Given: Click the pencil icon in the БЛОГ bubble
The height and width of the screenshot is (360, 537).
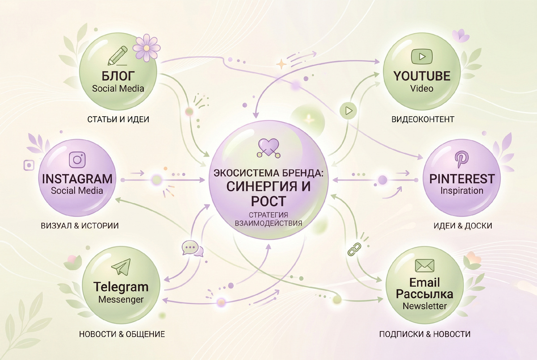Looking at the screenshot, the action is tap(117, 56).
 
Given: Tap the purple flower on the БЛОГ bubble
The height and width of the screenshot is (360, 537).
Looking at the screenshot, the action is tap(146, 48).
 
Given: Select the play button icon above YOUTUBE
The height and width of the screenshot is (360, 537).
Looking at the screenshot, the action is tap(422, 56).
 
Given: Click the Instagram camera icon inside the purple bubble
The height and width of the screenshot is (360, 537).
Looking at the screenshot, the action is tap(77, 160).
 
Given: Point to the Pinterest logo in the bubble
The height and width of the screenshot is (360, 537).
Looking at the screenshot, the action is tap(461, 159).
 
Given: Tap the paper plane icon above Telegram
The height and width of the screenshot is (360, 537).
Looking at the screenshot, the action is tap(121, 267).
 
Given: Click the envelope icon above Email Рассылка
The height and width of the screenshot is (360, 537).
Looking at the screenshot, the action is tap(425, 266).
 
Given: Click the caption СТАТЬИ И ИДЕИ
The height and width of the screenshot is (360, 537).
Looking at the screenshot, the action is tap(118, 119).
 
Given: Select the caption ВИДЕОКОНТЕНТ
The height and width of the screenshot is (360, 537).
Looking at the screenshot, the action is tap(423, 119).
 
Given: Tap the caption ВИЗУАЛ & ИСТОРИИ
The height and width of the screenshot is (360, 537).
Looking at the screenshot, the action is tap(80, 226).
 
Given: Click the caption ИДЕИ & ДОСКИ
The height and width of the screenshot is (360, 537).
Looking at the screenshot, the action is tap(463, 226).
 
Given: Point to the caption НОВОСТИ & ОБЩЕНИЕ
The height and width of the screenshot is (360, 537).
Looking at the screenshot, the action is tap(122, 334).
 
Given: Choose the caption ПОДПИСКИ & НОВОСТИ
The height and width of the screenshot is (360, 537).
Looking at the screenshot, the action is tap(425, 334).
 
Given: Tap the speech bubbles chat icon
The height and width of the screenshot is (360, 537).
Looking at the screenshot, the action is tap(192, 248).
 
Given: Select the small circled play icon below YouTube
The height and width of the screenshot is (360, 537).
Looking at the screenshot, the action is tap(348, 110).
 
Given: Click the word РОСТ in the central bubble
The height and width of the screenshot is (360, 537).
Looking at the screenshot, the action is tap(268, 201).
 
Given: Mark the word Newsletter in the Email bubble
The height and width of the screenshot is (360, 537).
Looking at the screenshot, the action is tap(425, 306).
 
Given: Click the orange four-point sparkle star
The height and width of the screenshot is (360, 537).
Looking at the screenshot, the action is tap(281, 64).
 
